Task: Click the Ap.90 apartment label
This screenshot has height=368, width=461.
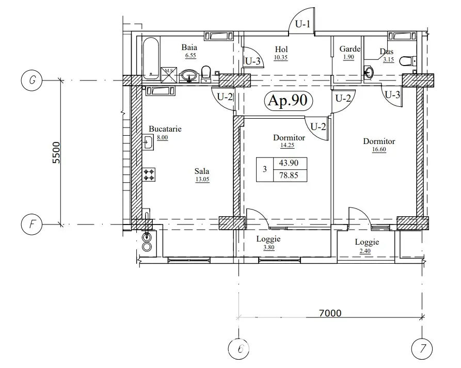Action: point(288,100)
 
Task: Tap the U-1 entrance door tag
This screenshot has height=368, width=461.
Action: point(303,24)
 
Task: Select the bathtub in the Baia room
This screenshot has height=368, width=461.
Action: point(151,58)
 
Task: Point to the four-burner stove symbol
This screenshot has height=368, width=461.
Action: point(149,174)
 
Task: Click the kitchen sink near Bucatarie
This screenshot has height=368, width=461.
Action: point(148,142)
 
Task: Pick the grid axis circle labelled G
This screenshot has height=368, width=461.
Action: point(32,80)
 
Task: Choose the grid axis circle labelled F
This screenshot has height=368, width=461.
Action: point(32,225)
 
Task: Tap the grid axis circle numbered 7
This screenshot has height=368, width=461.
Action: point(422,349)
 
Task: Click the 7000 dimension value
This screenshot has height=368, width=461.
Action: point(330,313)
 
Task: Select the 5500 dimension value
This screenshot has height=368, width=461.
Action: point(56,153)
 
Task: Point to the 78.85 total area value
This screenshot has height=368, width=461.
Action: point(289,175)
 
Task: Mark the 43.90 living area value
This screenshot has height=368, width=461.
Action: point(289,163)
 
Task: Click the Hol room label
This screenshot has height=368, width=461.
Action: point(281,49)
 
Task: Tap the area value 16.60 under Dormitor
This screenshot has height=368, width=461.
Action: point(379,149)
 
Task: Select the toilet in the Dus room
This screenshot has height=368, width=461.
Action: point(408,61)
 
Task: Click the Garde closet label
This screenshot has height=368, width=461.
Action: point(350,49)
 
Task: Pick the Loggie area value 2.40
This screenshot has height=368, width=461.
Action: point(365,251)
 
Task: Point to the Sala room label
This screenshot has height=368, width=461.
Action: point(202,171)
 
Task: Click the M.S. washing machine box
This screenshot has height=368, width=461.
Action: point(169,75)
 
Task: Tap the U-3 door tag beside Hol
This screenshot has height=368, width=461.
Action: point(253,61)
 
